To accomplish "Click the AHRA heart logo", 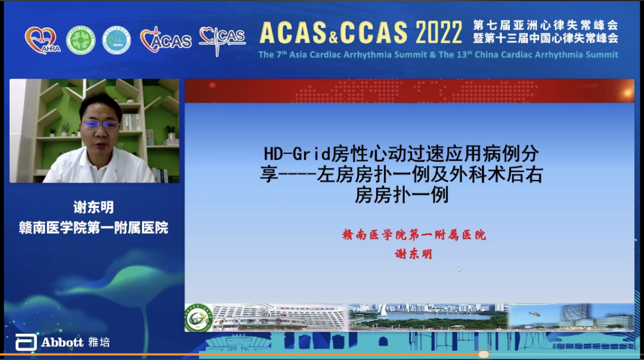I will point(42,40).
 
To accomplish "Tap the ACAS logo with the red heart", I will point(165,40).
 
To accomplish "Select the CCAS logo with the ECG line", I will point(222,39).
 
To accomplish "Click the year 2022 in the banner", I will point(439,33).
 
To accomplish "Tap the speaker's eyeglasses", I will point(100,125).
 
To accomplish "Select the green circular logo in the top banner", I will point(80,40).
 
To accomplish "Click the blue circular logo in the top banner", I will point(116,40).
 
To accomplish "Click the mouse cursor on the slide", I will point(459,269).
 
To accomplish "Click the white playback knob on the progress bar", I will point(484,354).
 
